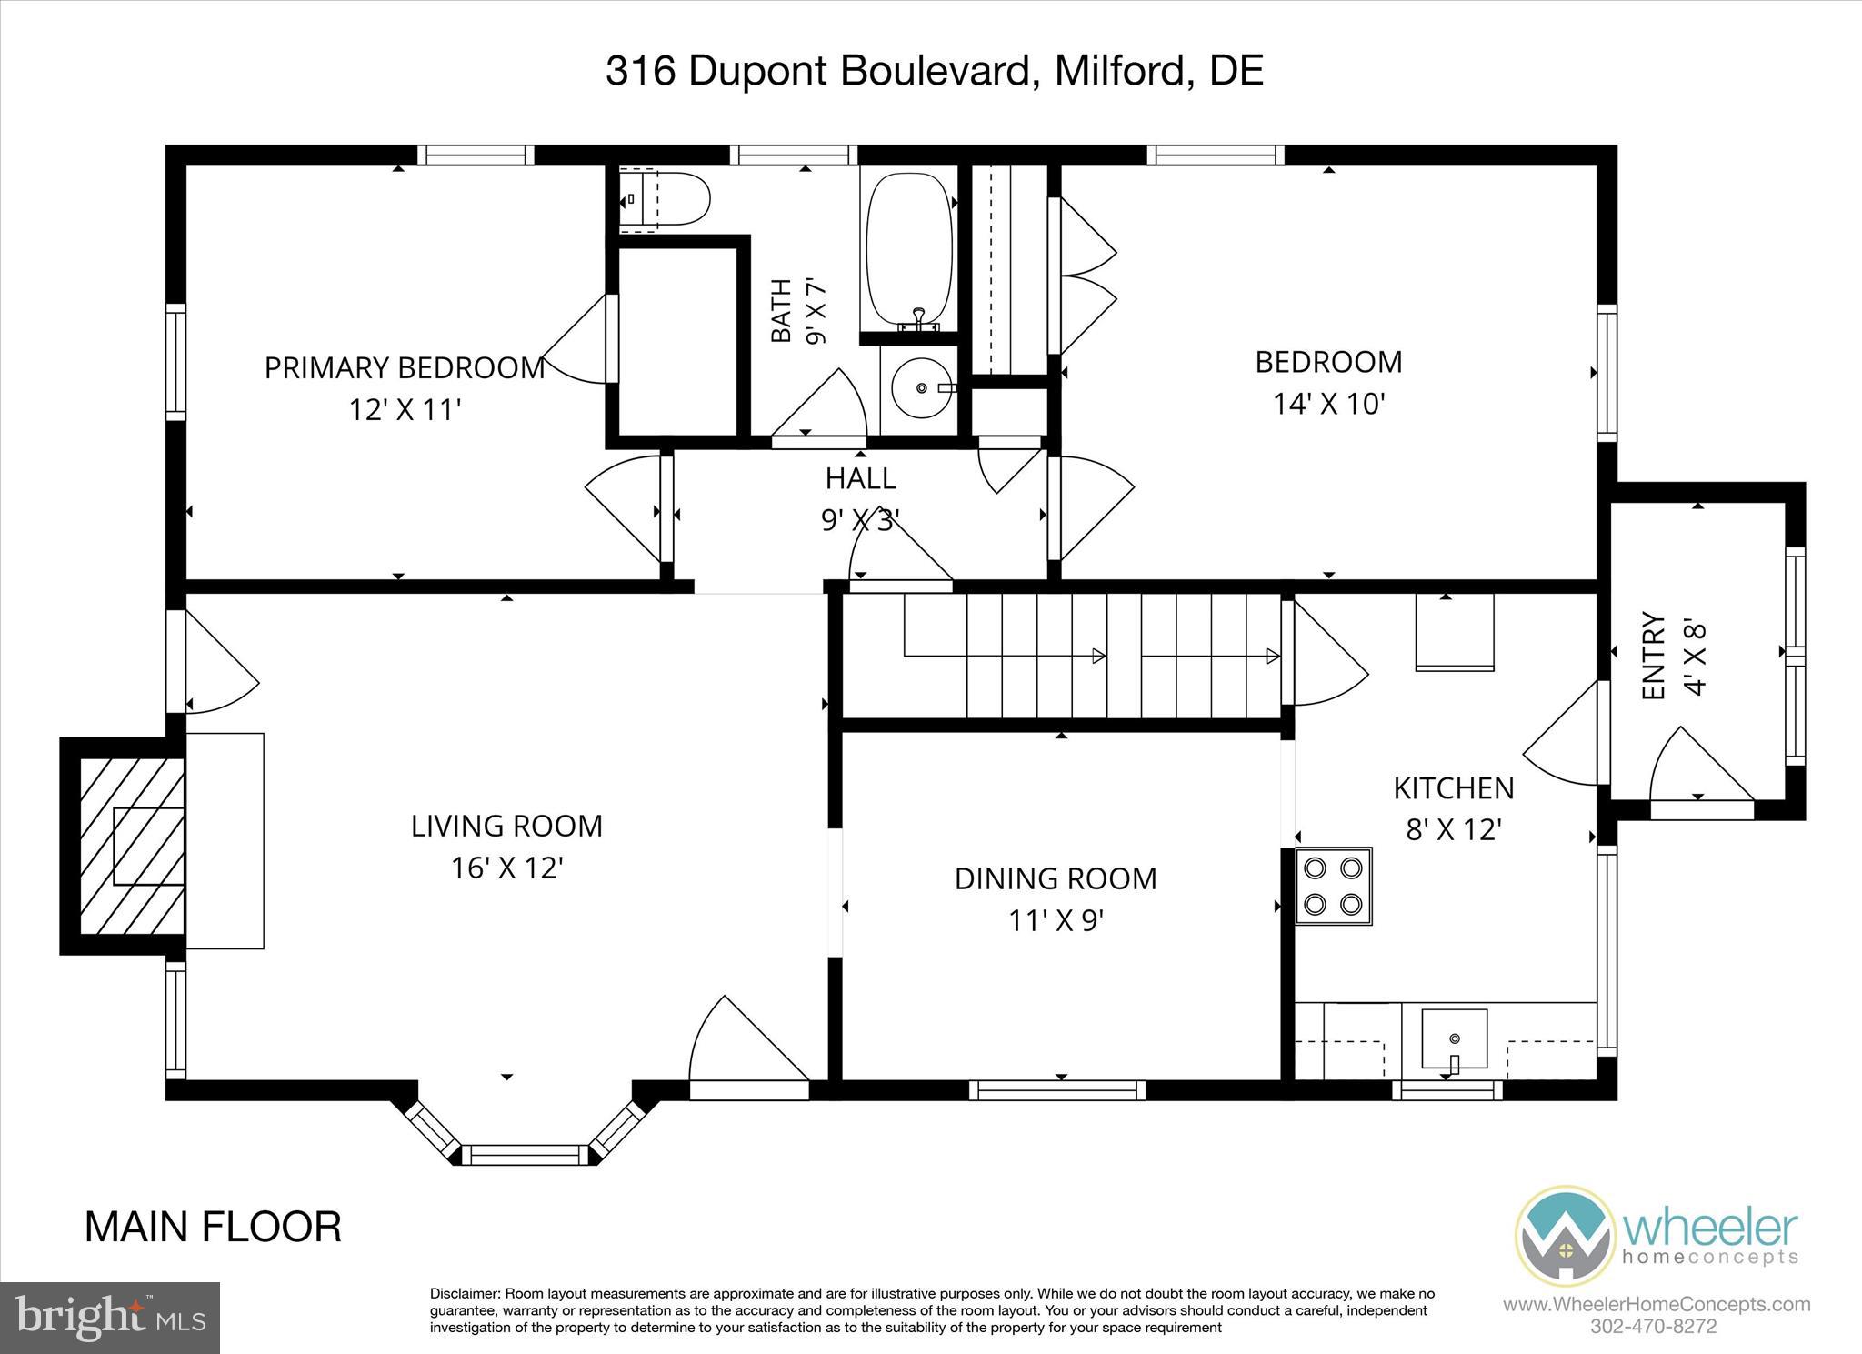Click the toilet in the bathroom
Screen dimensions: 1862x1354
[x=664, y=198]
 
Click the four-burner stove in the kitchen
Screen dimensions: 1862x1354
[x=1333, y=886]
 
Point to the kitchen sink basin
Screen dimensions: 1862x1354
[x=1455, y=1038]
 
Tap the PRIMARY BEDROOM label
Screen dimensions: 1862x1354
[x=405, y=368]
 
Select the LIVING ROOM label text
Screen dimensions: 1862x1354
[x=507, y=826]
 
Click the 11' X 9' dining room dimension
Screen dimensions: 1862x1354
[x=1056, y=921]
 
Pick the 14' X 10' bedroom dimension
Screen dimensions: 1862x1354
[x=1328, y=403]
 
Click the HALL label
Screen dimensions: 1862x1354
[x=860, y=477]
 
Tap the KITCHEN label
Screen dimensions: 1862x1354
[x=1454, y=787]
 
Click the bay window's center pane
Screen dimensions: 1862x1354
[x=526, y=1154]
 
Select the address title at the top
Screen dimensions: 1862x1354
[x=935, y=71]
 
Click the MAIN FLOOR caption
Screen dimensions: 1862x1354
[x=214, y=1227]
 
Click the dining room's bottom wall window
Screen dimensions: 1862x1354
[x=1056, y=1089]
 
